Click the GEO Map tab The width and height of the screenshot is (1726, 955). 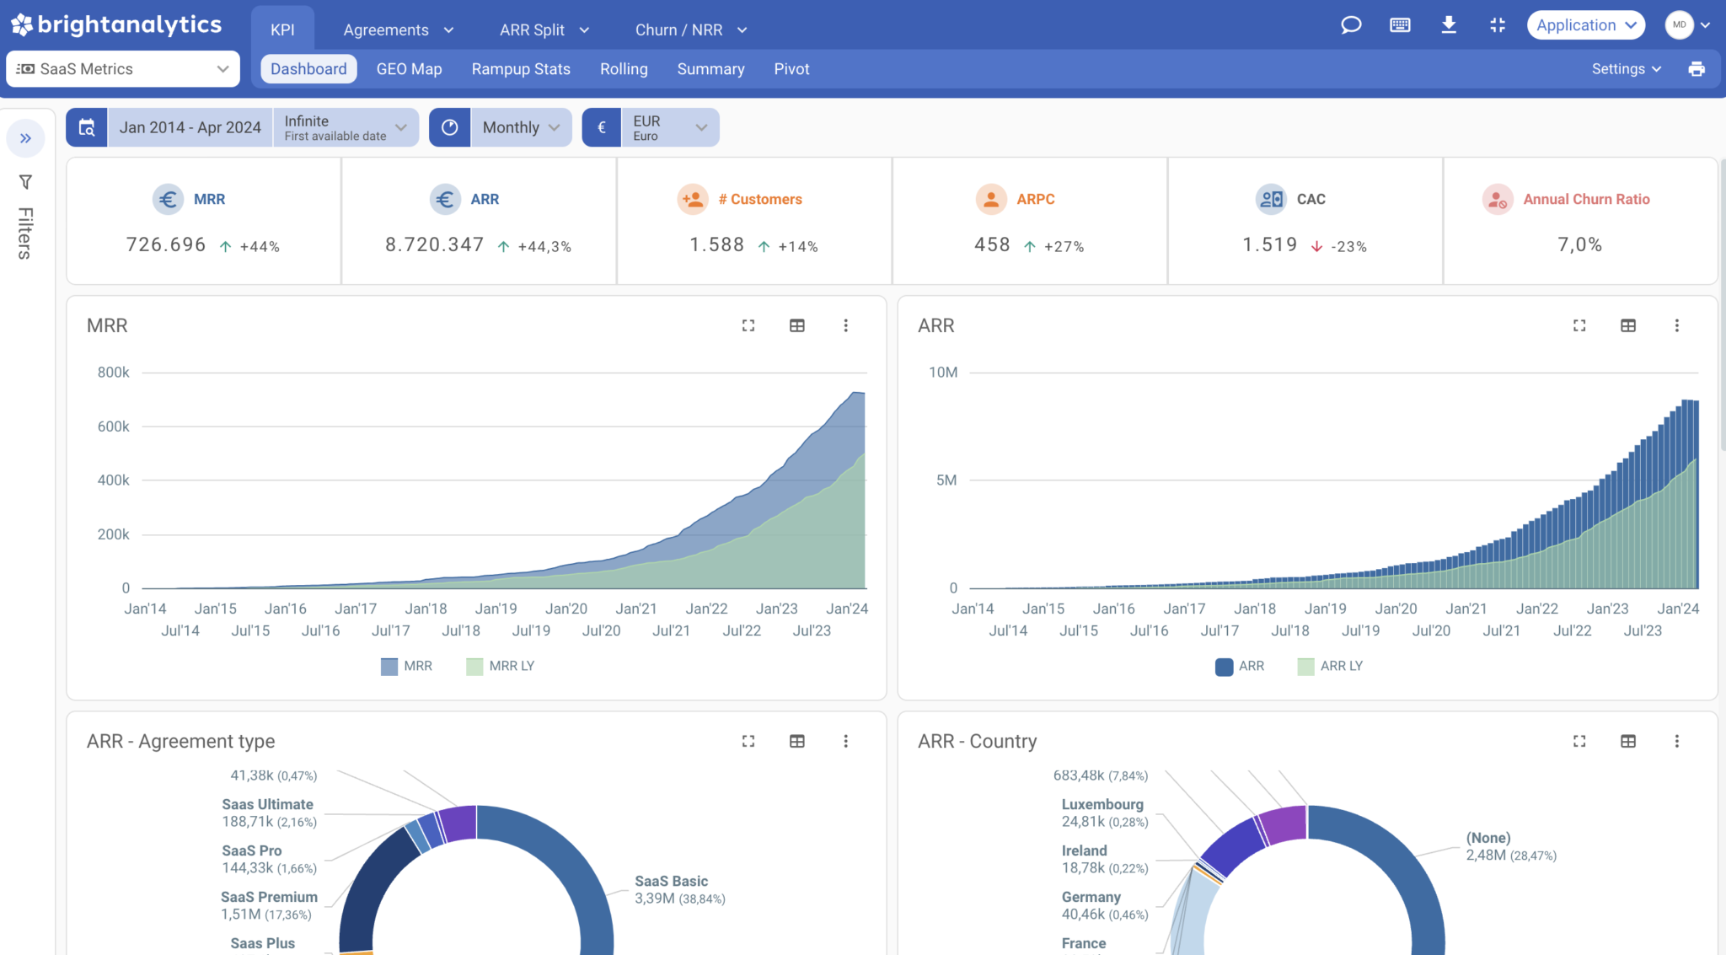(x=409, y=69)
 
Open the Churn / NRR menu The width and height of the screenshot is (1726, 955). (x=690, y=30)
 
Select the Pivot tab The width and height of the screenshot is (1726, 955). (x=791, y=69)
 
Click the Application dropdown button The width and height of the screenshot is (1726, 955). (x=1585, y=25)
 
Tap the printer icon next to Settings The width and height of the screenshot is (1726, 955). (x=1697, y=69)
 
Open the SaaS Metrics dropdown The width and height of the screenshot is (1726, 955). (x=123, y=69)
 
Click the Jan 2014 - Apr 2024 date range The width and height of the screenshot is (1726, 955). (x=190, y=127)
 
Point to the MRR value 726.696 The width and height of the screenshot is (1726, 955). (x=166, y=244)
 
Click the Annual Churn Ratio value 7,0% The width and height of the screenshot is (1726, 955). (x=1579, y=244)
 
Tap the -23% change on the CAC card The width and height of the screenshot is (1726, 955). (x=1348, y=246)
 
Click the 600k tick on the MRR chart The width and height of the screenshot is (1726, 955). (x=114, y=427)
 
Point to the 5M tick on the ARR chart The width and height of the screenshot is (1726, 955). (x=946, y=480)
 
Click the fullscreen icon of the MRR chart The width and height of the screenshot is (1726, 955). (x=748, y=325)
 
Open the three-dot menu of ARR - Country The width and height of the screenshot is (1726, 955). (x=1676, y=741)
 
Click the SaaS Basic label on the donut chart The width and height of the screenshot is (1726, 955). (x=671, y=881)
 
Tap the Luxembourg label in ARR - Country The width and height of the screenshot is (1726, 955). (x=1102, y=804)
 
